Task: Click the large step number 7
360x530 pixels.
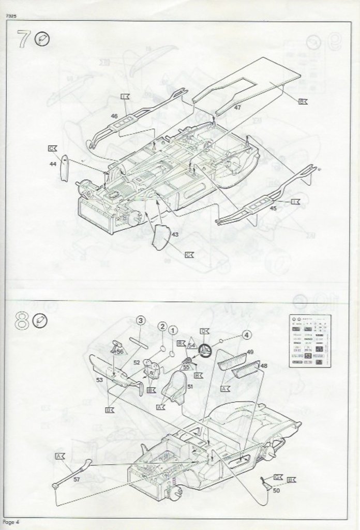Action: [x=22, y=39]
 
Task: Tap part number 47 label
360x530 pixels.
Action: [x=237, y=108]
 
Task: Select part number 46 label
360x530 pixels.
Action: [x=114, y=116]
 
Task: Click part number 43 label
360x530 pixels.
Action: [x=175, y=234]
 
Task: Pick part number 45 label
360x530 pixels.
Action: [x=274, y=208]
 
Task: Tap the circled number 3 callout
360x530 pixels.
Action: [x=140, y=321]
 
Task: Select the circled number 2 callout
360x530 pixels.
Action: [x=162, y=327]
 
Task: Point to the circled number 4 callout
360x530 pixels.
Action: [x=246, y=335]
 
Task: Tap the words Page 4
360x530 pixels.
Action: [x=10, y=521]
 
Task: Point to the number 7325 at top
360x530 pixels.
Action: [x=13, y=16]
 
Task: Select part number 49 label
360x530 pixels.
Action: [x=250, y=352]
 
